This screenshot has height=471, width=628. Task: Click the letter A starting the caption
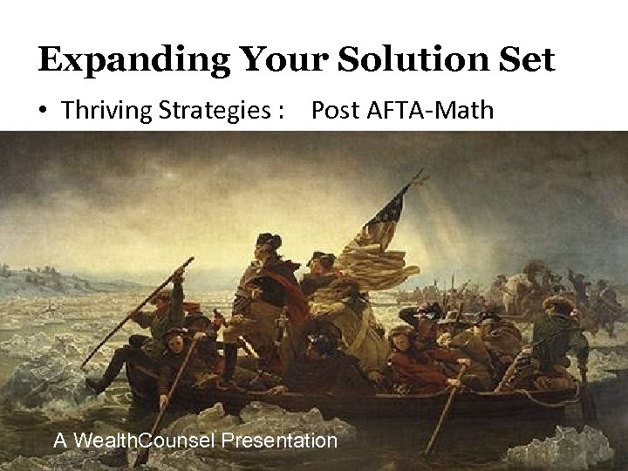point(59,440)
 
